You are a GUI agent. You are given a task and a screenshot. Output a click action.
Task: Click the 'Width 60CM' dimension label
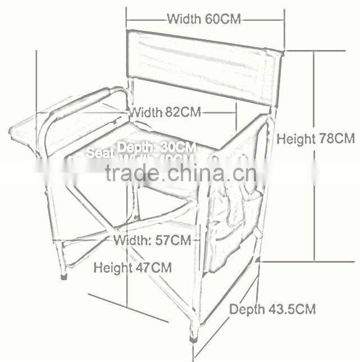204,19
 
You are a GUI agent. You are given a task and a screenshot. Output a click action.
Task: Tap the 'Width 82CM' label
165,112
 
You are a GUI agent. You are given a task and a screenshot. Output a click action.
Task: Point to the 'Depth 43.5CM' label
272,309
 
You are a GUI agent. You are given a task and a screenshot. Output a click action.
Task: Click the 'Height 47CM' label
133,267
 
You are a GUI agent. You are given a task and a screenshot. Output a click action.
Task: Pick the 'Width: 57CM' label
152,241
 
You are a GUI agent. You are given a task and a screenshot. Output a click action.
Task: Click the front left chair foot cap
63,277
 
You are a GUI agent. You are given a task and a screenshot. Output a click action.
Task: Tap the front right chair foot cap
195,338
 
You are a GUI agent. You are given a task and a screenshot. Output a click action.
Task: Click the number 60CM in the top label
222,19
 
